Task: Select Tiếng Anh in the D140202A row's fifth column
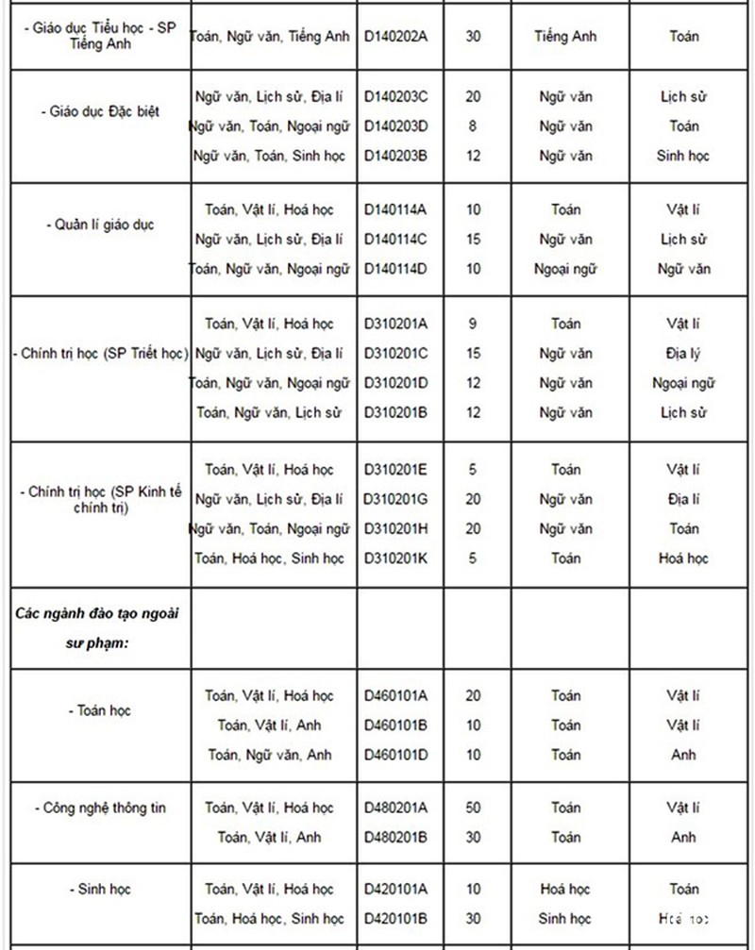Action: pyautogui.click(x=565, y=37)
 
